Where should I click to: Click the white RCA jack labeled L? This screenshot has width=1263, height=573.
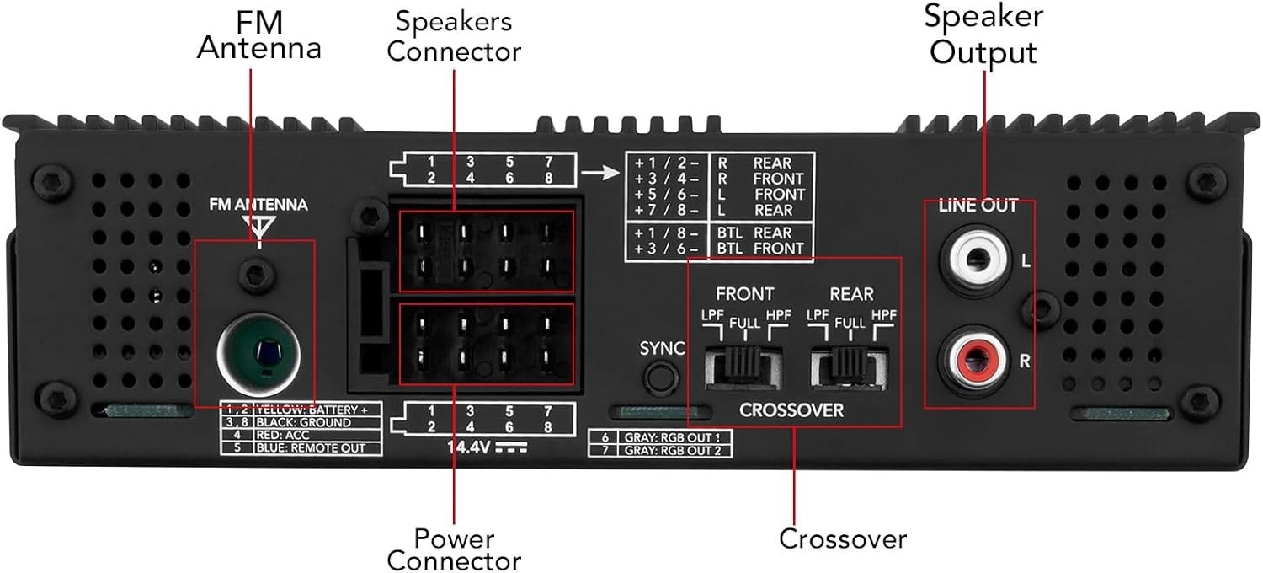pyautogui.click(x=978, y=260)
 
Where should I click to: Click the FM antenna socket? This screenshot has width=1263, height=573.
pyautogui.click(x=258, y=355)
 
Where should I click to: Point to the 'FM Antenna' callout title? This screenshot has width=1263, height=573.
pyautogui.click(x=259, y=35)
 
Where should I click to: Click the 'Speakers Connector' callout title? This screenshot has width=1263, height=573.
pyautogui.click(x=454, y=36)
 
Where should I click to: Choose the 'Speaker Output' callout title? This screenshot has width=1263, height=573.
pyautogui.click(x=983, y=34)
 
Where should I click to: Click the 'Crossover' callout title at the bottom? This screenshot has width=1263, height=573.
pyautogui.click(x=842, y=539)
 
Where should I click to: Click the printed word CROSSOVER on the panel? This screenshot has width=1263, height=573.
pyautogui.click(x=791, y=410)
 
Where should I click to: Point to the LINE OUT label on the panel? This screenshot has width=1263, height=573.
pyautogui.click(x=978, y=206)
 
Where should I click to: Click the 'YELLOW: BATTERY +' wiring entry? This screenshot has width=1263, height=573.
pyautogui.click(x=312, y=410)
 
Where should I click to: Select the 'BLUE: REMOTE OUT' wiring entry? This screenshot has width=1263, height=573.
pyautogui.click(x=311, y=448)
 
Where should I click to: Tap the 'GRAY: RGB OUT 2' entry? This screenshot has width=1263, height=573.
pyautogui.click(x=672, y=451)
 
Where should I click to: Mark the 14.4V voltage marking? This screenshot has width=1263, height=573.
pyautogui.click(x=488, y=447)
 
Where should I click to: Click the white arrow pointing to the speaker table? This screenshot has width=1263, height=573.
pyautogui.click(x=600, y=172)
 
